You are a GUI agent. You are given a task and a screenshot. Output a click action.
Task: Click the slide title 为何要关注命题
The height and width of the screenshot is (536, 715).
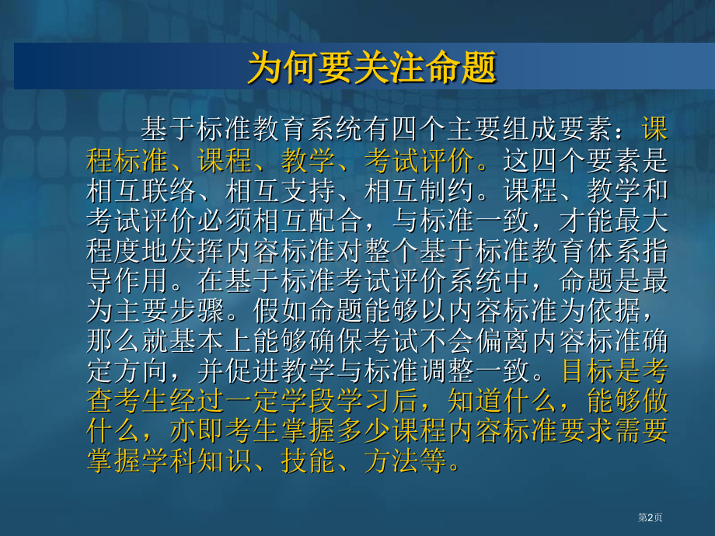[x=371, y=68]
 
